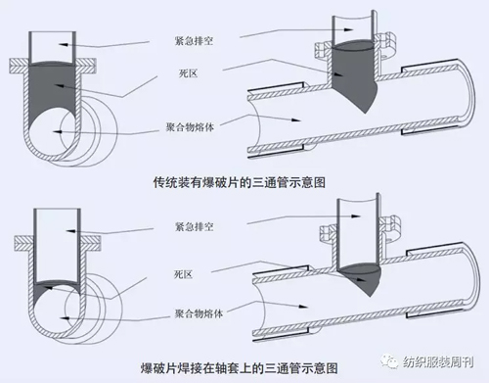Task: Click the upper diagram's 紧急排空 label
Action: coord(194,41)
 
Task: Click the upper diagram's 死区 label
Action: coord(189,73)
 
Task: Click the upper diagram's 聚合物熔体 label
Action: coord(190,126)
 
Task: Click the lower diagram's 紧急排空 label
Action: coord(195,226)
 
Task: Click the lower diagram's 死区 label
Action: coord(184,274)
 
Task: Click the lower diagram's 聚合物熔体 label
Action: coord(199,313)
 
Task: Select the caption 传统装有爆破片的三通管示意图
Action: coord(240,182)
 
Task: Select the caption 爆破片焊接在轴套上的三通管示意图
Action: coord(240,368)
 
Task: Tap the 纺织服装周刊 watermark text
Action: coord(438,362)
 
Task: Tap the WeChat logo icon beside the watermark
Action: coord(390,361)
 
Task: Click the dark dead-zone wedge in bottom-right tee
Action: coord(359,276)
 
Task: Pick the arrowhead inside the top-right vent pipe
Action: coord(348,29)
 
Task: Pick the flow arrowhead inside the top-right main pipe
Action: coord(295,120)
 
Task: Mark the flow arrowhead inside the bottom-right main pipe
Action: coord(303,307)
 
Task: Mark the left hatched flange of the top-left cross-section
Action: coord(19,66)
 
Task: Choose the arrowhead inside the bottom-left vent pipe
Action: coord(70,231)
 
